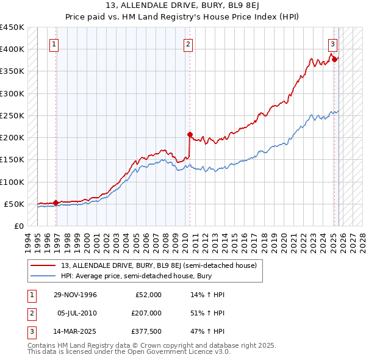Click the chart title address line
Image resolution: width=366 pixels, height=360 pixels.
click(183, 6)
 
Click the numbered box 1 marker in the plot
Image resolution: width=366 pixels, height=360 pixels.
click(54, 44)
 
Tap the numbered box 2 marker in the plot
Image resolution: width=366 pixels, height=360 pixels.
click(188, 44)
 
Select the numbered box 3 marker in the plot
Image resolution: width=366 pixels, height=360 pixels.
click(333, 44)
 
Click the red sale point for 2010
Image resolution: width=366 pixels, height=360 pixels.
click(190, 134)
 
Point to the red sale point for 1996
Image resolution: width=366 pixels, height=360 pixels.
click(56, 203)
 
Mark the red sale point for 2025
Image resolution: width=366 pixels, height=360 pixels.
click(334, 59)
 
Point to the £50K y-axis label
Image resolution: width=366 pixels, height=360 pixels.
click(15, 204)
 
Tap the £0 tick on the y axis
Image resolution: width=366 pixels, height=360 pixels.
click(18, 226)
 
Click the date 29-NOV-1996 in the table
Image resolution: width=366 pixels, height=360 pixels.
click(76, 295)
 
